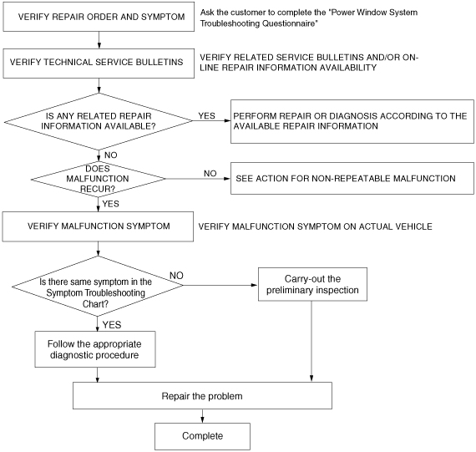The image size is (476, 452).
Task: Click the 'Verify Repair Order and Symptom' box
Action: [99, 17]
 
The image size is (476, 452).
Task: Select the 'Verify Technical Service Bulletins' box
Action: [99, 63]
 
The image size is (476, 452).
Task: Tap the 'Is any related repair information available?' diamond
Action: [99, 121]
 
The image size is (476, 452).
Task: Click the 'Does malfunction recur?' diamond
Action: [98, 180]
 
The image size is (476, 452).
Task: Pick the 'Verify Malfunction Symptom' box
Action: [98, 226]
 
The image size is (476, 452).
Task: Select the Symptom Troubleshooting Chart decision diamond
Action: [98, 286]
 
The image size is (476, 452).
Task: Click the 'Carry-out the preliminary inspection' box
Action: [312, 284]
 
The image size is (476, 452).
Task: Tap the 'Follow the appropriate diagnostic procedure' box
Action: [95, 349]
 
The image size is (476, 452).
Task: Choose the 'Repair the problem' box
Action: [202, 395]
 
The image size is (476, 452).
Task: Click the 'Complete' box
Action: [202, 436]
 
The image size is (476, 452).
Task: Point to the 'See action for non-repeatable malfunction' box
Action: [352, 178]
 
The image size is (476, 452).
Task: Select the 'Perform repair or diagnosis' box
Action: [352, 121]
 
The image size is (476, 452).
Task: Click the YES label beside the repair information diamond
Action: [207, 116]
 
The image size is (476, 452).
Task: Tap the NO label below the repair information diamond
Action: [111, 155]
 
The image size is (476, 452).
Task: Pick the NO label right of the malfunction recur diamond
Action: [210, 174]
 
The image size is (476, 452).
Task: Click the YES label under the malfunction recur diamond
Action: [111, 204]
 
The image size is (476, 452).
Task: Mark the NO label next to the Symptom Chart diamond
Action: [176, 276]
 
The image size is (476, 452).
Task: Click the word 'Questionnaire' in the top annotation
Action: [288, 23]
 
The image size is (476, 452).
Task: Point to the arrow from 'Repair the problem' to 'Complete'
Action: [202, 416]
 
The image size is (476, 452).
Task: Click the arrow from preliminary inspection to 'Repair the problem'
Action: [311, 342]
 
